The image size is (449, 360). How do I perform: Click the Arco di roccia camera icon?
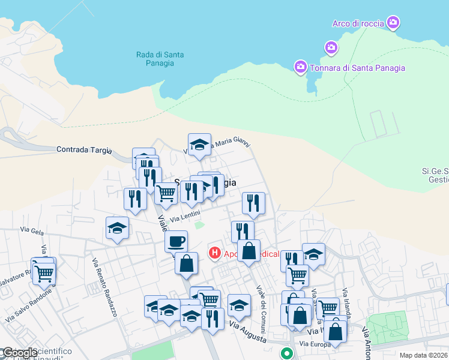click(x=393, y=23)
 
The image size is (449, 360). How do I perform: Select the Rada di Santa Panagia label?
click(x=160, y=59)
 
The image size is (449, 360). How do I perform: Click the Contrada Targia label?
click(x=84, y=149)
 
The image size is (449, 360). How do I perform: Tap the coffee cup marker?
click(x=176, y=241)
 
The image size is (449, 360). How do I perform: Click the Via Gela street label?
click(x=32, y=229)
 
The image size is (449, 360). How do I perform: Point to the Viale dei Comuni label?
click(x=262, y=306)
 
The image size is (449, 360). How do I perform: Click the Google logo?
click(x=19, y=353)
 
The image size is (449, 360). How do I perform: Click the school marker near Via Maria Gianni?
click(x=199, y=145)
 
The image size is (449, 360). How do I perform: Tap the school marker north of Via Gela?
click(x=117, y=228)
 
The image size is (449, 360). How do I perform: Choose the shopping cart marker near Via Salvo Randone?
click(x=44, y=273)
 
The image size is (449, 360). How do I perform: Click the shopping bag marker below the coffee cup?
click(x=187, y=263)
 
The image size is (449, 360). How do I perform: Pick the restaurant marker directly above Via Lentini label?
click(x=191, y=191)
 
